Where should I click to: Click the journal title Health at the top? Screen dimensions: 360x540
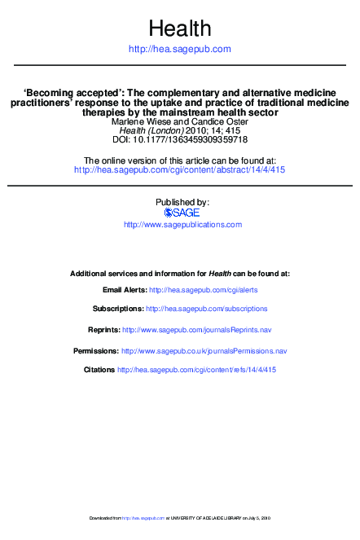point(180,29)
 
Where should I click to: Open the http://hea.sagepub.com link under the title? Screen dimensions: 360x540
point(180,50)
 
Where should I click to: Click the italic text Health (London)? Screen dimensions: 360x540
point(151,130)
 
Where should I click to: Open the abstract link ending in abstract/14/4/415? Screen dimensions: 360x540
point(179,170)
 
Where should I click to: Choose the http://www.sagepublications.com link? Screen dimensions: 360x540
point(182,224)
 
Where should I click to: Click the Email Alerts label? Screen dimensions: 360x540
point(125,290)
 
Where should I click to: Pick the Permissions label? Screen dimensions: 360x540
point(96,351)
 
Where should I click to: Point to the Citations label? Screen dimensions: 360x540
point(99,370)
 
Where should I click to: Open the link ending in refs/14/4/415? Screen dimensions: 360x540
point(197,370)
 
